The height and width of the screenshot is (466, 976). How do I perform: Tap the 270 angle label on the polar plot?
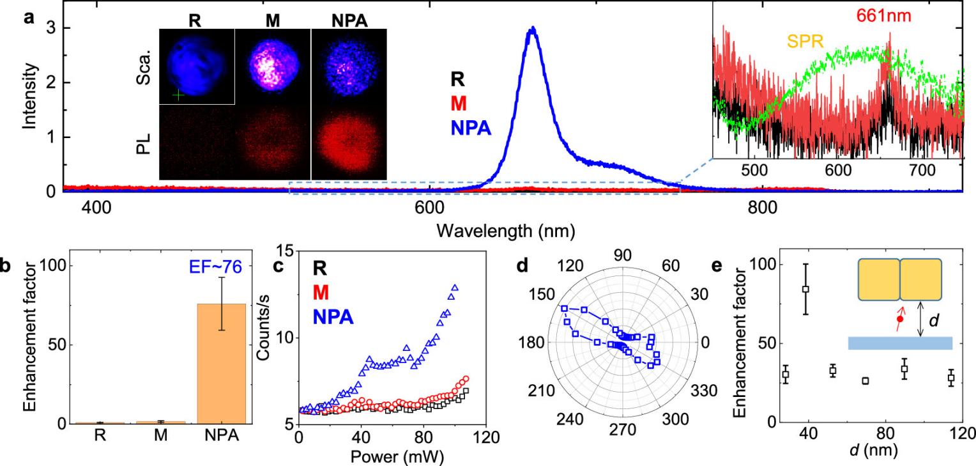623,430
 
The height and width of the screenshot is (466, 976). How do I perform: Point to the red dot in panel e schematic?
900,318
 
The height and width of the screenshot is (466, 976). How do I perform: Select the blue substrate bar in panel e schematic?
900,343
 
